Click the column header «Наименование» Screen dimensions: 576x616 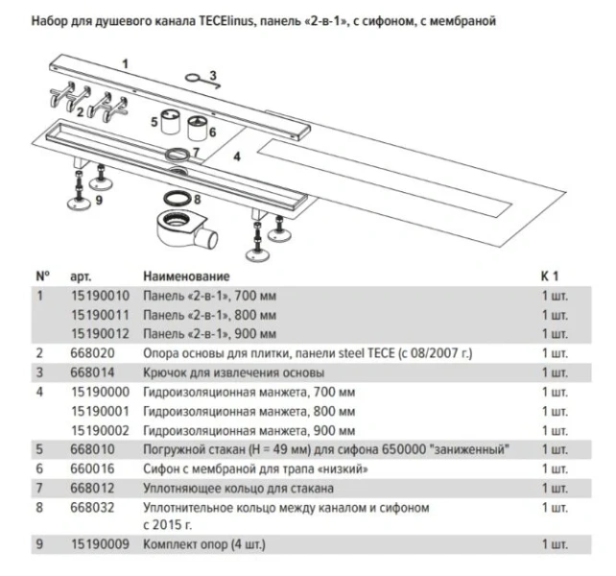point(186,276)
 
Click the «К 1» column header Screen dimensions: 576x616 point(550,276)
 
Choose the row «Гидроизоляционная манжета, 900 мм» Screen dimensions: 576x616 point(249,430)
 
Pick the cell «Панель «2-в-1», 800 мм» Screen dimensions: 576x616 point(210,315)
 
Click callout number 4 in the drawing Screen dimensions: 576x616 point(237,154)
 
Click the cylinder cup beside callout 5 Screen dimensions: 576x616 point(172,123)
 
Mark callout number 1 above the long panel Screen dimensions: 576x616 point(124,61)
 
